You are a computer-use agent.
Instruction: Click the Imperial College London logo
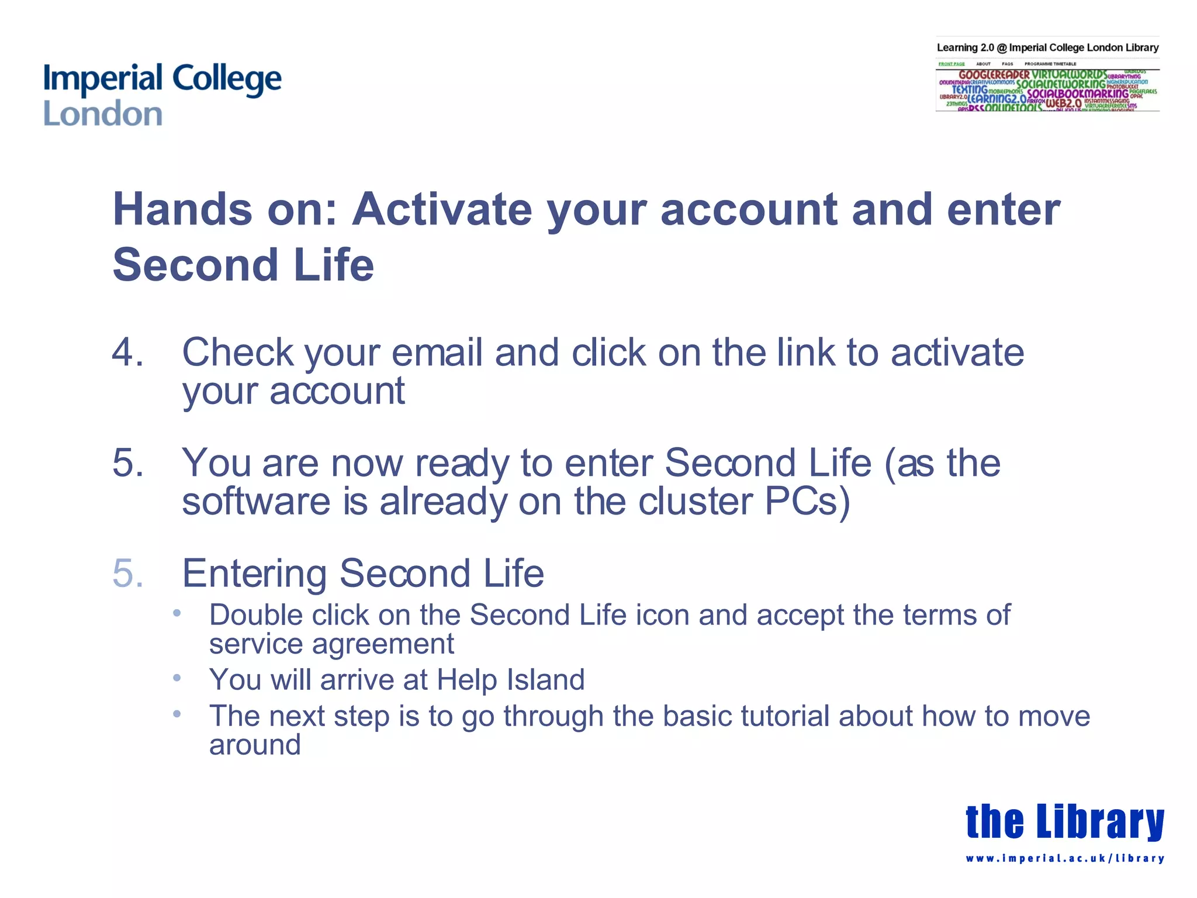pos(162,95)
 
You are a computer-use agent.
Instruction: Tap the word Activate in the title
pos(441,210)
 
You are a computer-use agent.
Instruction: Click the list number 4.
pos(127,353)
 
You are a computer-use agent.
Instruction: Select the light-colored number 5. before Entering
pos(127,573)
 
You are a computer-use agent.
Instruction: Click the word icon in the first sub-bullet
pos(662,615)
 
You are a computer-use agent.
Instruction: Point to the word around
pos(255,745)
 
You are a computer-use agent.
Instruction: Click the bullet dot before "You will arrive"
pos(177,678)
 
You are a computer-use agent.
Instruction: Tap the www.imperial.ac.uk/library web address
pos(1064,858)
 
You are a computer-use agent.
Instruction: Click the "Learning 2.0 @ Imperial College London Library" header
pos(1047,48)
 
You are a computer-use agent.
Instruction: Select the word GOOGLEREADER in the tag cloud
pos(994,75)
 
